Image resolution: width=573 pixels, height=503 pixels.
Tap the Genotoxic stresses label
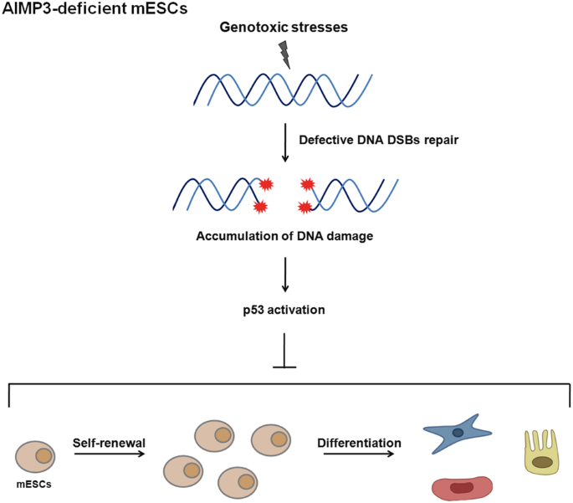(285, 28)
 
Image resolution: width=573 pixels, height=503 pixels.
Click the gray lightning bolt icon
(286, 54)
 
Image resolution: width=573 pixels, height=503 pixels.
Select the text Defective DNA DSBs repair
(377, 137)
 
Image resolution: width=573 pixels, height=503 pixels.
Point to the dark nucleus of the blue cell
(458, 433)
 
